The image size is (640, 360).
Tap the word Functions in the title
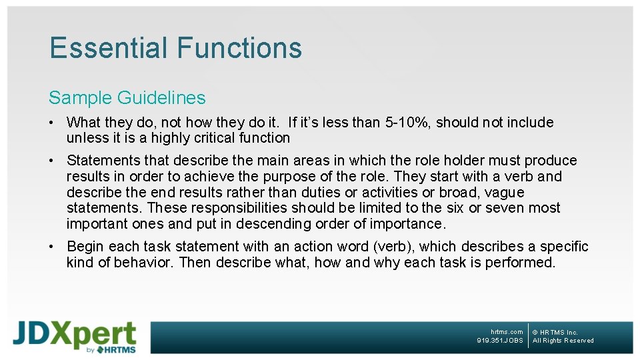pyautogui.click(x=239, y=48)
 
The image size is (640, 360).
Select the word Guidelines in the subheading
pyautogui.click(x=161, y=98)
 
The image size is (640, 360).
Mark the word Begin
pyautogui.click(x=86, y=247)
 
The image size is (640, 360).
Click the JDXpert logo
pyautogui.click(x=75, y=337)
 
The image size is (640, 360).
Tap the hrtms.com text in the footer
pyautogui.click(x=507, y=332)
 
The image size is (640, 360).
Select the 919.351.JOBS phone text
pyautogui.click(x=500, y=341)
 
